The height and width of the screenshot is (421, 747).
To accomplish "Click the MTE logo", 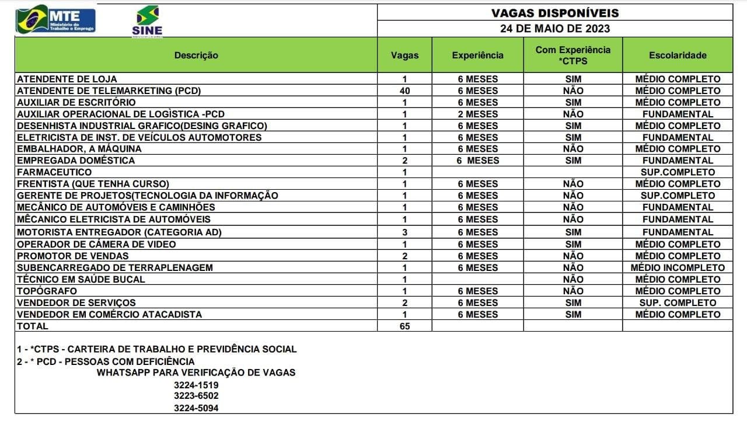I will pyautogui.click(x=55, y=19).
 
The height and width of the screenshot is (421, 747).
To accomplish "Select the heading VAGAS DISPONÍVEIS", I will pyautogui.click(x=554, y=13).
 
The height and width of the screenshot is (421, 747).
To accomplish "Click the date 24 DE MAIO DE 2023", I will pyautogui.click(x=554, y=28).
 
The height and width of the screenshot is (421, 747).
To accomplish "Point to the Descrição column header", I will pyautogui.click(x=196, y=55).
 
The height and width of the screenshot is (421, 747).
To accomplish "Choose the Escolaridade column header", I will pyautogui.click(x=678, y=55).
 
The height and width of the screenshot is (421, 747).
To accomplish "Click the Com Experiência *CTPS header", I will pyautogui.click(x=573, y=55).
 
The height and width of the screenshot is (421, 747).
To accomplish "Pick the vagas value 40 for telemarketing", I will pyautogui.click(x=404, y=91).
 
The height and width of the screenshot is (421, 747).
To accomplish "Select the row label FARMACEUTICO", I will pyautogui.click(x=54, y=172).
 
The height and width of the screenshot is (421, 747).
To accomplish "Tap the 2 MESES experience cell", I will pyautogui.click(x=477, y=114).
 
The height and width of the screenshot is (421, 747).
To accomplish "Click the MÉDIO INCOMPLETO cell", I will pyautogui.click(x=678, y=267).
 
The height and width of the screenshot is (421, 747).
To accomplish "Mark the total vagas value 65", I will pyautogui.click(x=404, y=326).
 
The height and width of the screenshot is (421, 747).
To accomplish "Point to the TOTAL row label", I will pyautogui.click(x=33, y=326).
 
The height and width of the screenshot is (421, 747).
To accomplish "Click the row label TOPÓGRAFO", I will pyautogui.click(x=47, y=291).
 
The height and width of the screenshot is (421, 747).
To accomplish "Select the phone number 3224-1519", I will pyautogui.click(x=196, y=385).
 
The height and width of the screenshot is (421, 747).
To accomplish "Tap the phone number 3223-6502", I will pyautogui.click(x=196, y=396).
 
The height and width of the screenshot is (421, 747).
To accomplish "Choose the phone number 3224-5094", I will pyautogui.click(x=196, y=408).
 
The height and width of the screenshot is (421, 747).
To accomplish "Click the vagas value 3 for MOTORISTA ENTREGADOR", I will pyautogui.click(x=404, y=232).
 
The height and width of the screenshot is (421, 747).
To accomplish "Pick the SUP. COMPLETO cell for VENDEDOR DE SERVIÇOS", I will pyautogui.click(x=678, y=302).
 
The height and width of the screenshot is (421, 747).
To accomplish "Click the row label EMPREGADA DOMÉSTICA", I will pyautogui.click(x=76, y=161).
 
